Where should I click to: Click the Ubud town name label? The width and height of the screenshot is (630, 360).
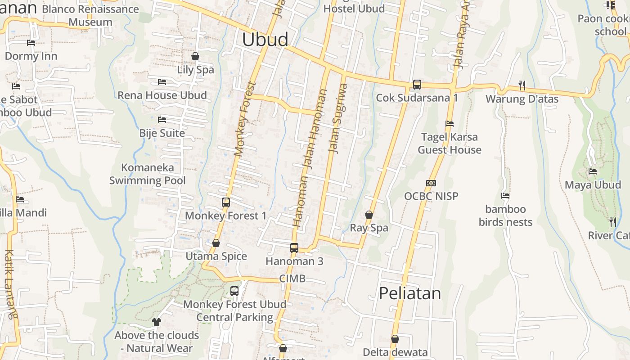coord(265,40)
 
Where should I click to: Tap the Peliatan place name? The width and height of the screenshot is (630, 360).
coord(409,293)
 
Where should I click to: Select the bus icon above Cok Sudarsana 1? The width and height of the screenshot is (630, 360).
coord(417,85)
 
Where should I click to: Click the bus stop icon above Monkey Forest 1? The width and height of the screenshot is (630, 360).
coord(226,202)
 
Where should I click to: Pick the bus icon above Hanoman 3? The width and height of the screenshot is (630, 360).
coord(294,248)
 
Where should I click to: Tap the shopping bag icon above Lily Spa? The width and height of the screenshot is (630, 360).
coord(195,57)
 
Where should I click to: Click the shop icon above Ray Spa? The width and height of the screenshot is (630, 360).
coord(369,215)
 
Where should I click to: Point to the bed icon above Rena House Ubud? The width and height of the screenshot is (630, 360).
coord(162,82)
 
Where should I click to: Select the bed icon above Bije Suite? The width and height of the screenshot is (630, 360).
coord(162,120)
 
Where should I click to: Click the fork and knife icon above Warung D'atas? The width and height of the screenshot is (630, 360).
coord(522,85)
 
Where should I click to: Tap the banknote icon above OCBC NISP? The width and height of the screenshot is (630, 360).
coord(431,183)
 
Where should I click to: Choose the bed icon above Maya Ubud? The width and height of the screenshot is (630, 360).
coord(593,171)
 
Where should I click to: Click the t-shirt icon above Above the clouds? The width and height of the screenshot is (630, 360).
coord(156,322)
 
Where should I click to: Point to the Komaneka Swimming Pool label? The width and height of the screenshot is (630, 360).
coord(148,174)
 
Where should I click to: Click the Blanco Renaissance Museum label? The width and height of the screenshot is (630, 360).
coord(90,15)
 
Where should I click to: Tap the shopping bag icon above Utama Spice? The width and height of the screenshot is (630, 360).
coord(216,243)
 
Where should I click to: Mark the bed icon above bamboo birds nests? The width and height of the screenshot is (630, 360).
coord(505,196)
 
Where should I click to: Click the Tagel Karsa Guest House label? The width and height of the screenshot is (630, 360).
coord(450,143)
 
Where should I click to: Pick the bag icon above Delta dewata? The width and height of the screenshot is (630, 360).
coord(395,339)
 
